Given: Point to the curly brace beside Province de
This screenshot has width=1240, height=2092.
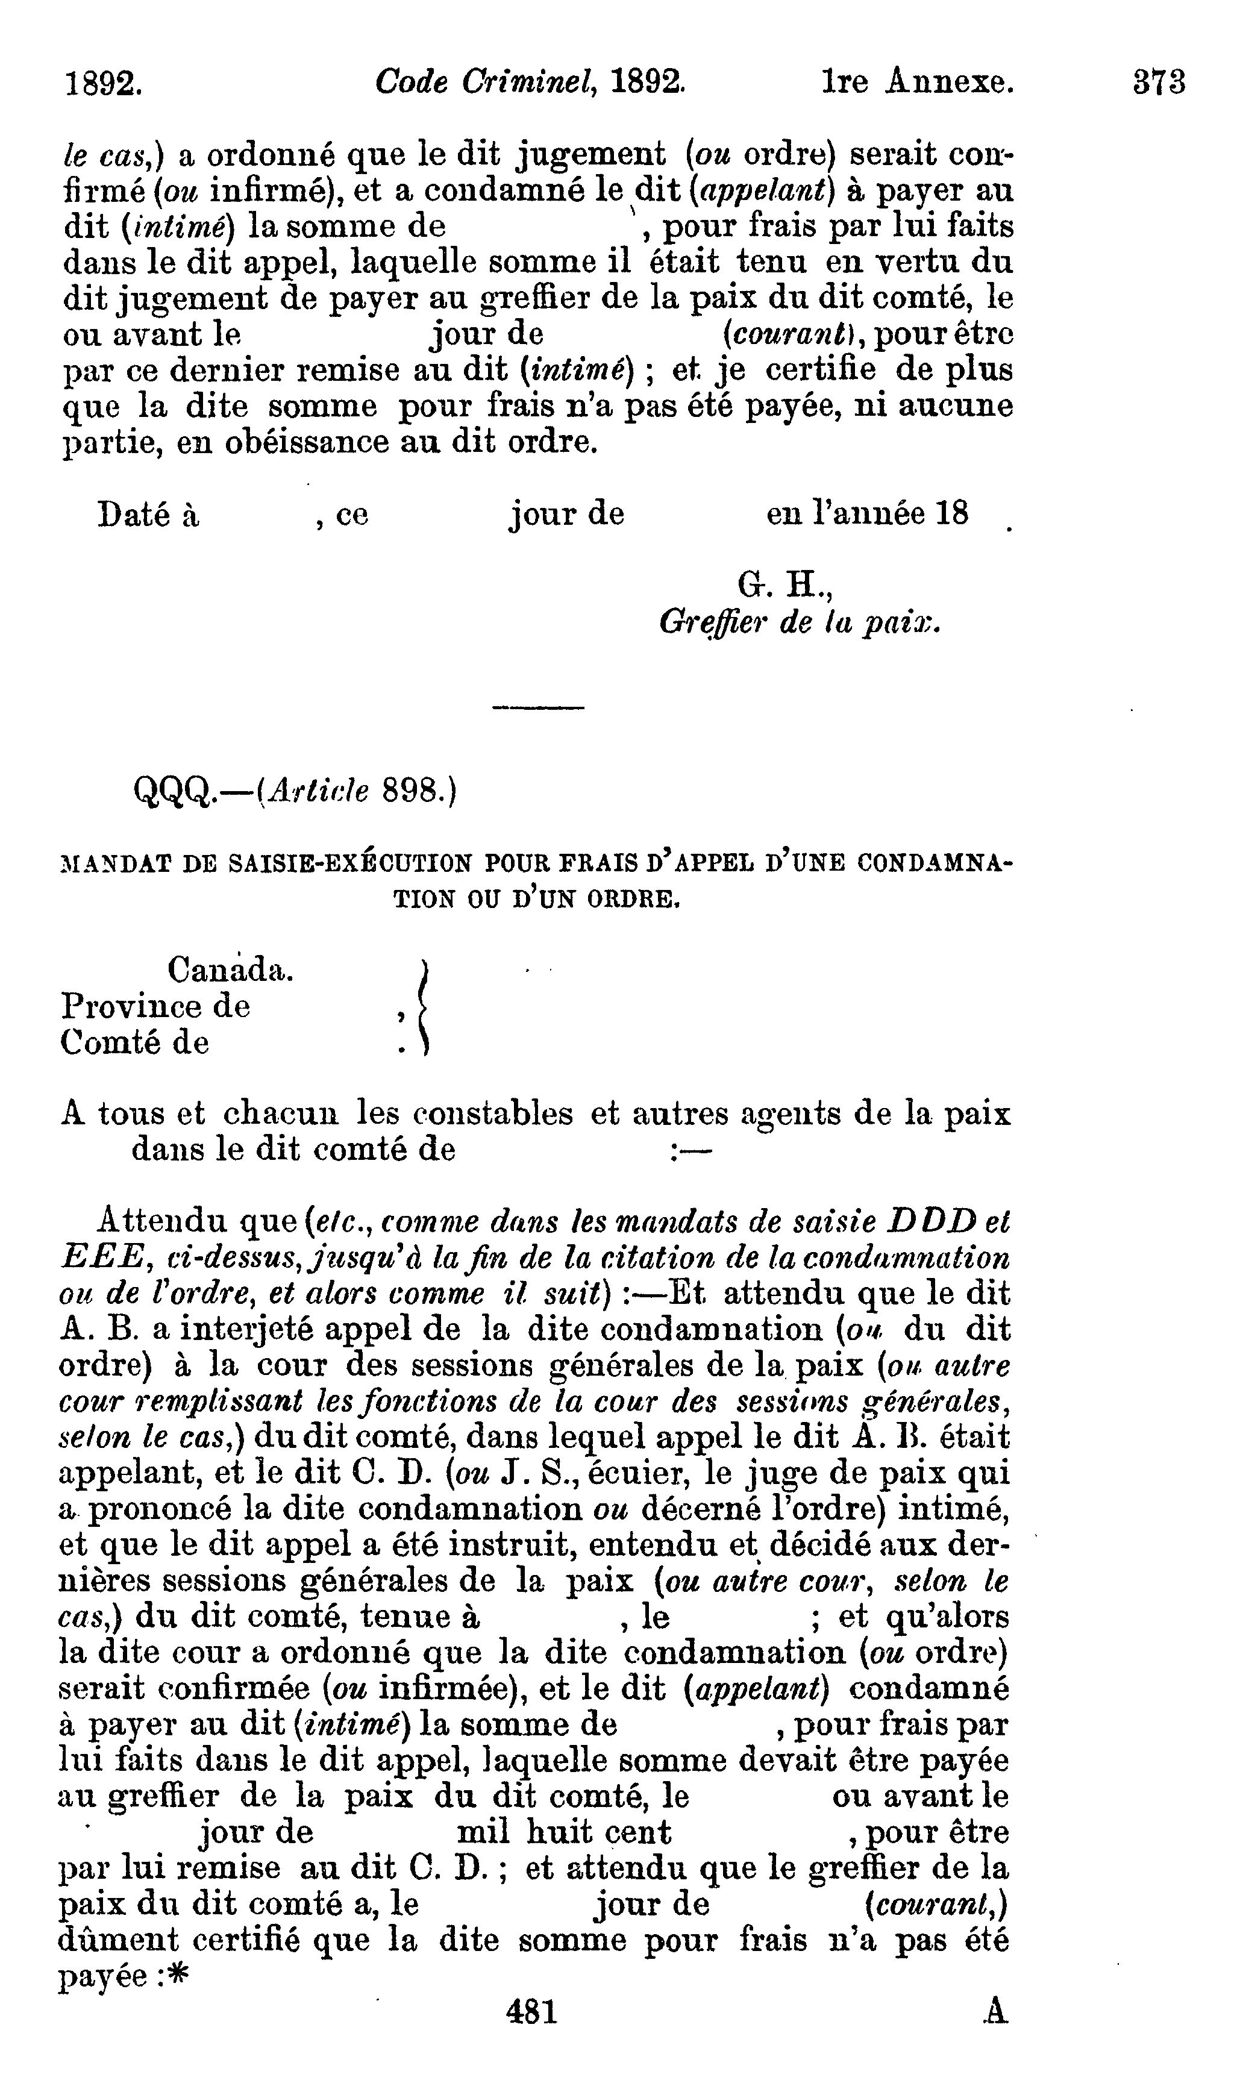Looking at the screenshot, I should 424,1007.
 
